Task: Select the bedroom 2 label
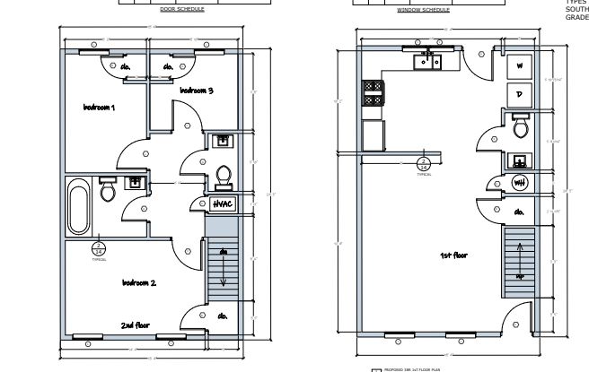(x=139, y=282)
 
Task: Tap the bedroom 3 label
(x=198, y=91)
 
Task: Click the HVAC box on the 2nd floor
(x=222, y=204)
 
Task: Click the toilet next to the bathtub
(x=108, y=190)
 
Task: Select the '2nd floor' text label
(x=138, y=324)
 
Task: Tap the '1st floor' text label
(x=453, y=255)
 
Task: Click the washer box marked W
(x=519, y=66)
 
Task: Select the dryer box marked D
(x=519, y=93)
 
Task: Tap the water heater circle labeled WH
(x=519, y=183)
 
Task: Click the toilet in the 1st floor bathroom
(x=519, y=128)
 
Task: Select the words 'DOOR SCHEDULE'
(x=181, y=10)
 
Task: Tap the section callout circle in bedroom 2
(x=99, y=248)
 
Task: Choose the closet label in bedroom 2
(x=222, y=316)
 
